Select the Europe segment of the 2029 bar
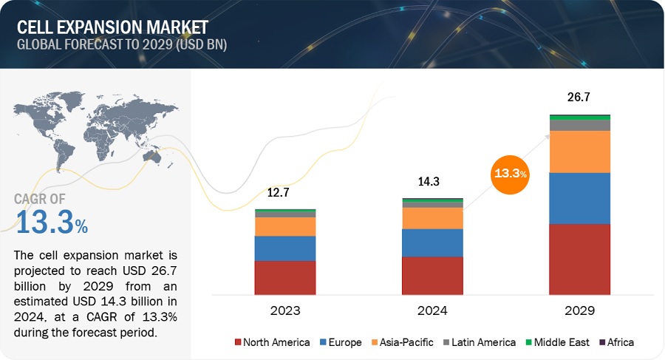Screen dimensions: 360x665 [579, 198]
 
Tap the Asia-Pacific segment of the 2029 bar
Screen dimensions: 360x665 [579, 152]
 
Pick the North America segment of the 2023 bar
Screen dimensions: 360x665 [285, 277]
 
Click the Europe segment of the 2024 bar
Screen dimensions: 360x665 [432, 242]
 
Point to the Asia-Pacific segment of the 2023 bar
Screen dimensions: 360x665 [285, 226]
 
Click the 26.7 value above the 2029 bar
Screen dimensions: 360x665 [579, 97]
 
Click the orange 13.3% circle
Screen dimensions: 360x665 [511, 173]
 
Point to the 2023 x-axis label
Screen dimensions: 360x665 [285, 310]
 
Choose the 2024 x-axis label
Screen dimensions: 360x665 [432, 310]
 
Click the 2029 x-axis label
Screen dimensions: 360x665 [579, 310]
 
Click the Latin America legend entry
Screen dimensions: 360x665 [482, 342]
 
